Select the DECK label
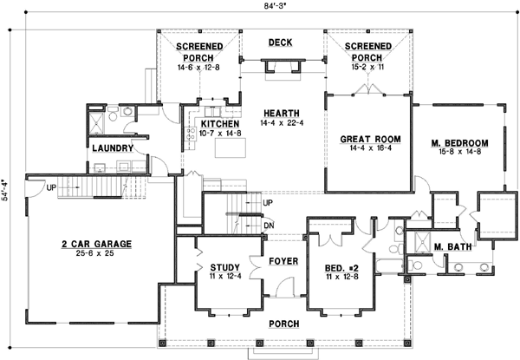click(x=280, y=42)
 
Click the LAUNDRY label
click(x=112, y=147)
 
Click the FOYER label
click(x=283, y=260)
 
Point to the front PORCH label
click(x=283, y=324)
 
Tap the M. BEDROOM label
click(x=458, y=142)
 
